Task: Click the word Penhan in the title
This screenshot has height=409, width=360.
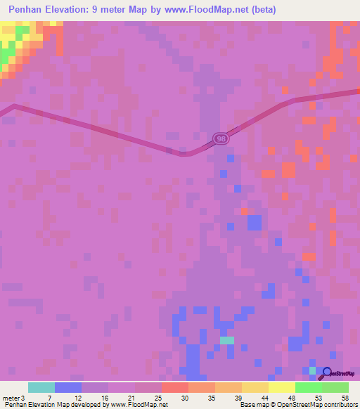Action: click(29, 10)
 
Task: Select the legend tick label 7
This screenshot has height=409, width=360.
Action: click(49, 397)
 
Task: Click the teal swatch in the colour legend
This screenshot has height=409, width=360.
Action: click(41, 387)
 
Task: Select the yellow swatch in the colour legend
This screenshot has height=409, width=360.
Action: click(282, 387)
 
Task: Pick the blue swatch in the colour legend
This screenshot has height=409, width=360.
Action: click(68, 387)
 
